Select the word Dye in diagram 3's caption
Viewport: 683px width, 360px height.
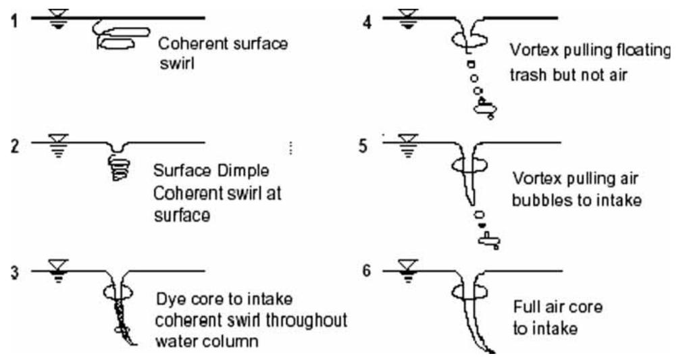(170, 297)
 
